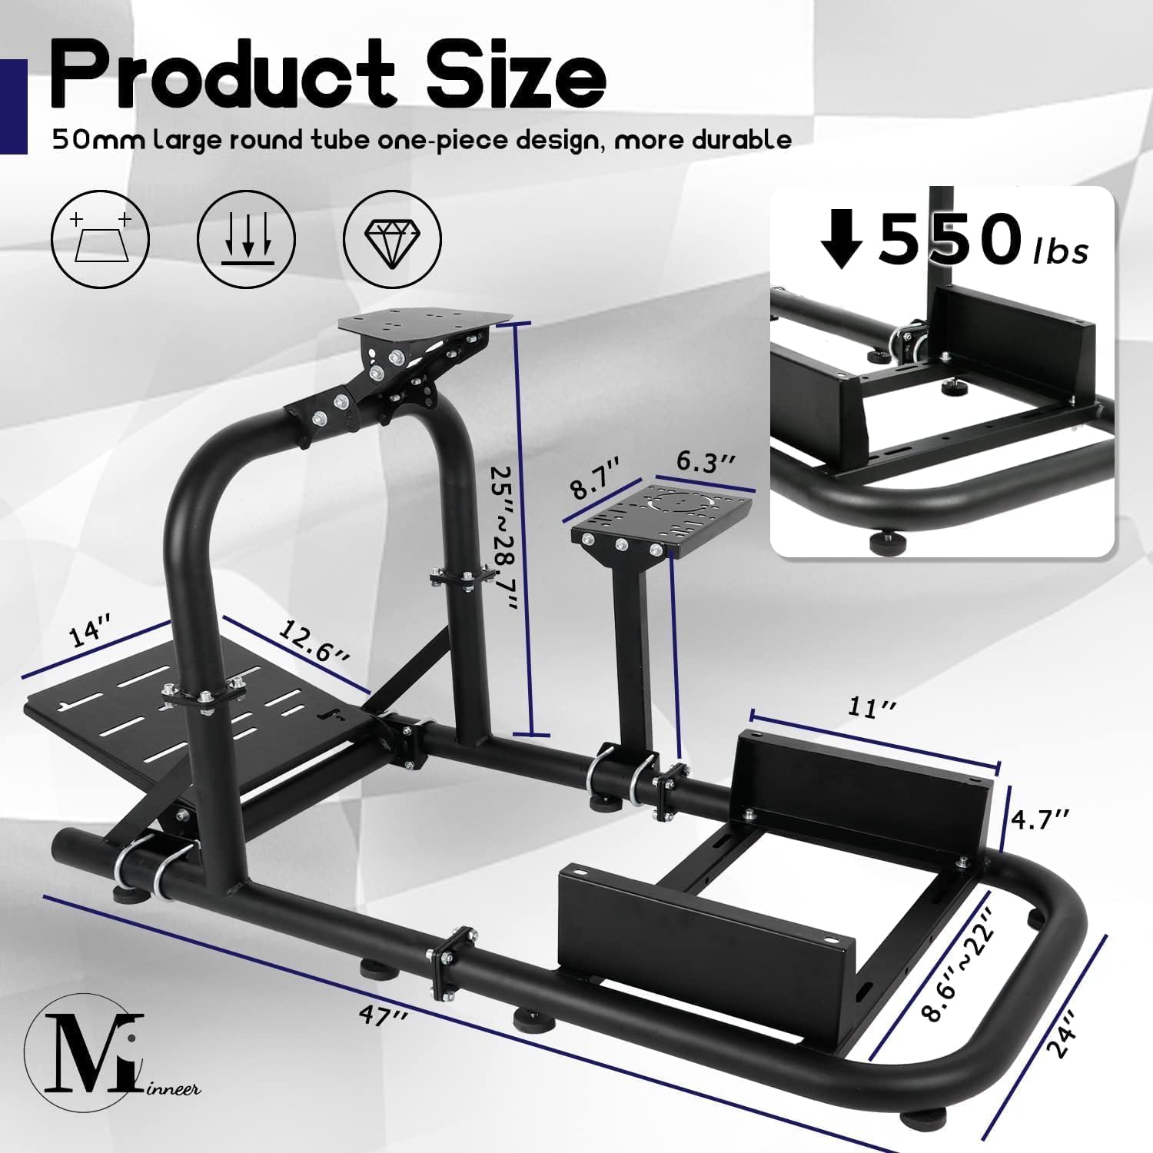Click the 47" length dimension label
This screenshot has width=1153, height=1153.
382,1013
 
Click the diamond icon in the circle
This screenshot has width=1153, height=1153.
392,240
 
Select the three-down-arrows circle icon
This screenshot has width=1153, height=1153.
246,240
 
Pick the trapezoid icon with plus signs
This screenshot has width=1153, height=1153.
100,240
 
